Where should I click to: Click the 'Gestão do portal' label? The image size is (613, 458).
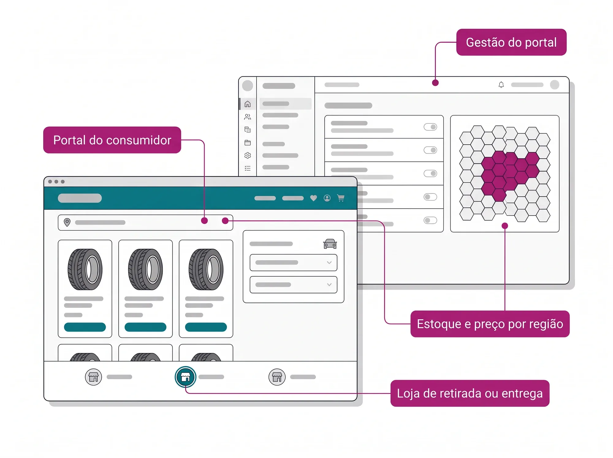[511, 42]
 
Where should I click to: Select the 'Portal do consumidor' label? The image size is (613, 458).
[112, 140]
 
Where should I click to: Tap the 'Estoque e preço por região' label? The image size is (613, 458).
[490, 324]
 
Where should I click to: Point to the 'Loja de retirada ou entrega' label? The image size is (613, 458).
[470, 393]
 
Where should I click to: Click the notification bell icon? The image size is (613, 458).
[501, 85]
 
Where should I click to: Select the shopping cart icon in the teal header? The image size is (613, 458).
[341, 198]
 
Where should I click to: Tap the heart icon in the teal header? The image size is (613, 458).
[313, 198]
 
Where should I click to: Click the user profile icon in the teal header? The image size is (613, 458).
[327, 198]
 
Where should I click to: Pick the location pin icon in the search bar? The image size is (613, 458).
[67, 222]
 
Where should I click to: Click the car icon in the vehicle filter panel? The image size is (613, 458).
[330, 244]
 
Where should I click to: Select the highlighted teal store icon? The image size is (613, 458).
[185, 377]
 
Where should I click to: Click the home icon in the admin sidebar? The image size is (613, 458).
[248, 104]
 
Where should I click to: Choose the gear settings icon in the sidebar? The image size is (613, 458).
[248, 156]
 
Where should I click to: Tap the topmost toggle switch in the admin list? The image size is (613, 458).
[430, 127]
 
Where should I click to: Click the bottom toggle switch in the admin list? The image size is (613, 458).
[430, 220]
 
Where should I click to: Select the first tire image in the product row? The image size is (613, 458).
[85, 269]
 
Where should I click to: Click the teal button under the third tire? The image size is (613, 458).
[206, 327]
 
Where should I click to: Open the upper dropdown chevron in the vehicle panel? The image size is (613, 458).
[329, 263]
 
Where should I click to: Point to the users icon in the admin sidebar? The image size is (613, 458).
[248, 117]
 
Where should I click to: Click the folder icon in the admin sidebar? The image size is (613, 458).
[248, 143]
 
